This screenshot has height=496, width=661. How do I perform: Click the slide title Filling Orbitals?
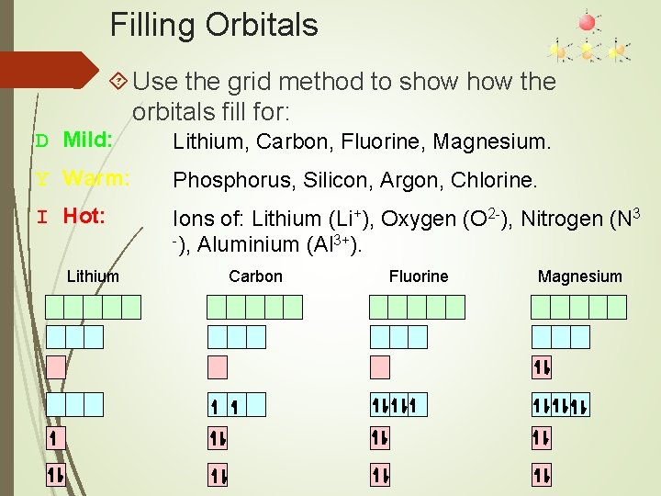coord(214,24)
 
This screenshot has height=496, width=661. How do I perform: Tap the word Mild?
coord(88,141)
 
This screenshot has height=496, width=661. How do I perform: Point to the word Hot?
coord(84,217)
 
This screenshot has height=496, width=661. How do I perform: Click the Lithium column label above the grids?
coord(93,276)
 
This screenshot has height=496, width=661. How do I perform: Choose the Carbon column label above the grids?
coord(255,276)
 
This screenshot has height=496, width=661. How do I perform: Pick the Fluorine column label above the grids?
coord(419,276)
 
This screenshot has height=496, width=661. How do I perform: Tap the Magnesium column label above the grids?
coord(579,276)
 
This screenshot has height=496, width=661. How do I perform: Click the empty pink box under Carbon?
coord(218,367)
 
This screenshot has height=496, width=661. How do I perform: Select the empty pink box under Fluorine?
coord(380,367)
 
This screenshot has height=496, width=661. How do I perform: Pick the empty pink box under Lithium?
coord(56,367)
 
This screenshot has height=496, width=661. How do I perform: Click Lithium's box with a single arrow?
coord(56,439)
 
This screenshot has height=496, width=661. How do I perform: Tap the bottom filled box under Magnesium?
coord(542,475)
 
